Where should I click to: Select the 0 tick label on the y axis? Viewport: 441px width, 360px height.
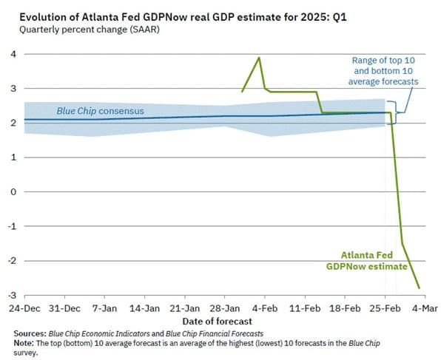point(13,191)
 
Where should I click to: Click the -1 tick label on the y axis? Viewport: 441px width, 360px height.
point(10,226)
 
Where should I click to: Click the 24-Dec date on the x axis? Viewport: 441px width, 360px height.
point(25,308)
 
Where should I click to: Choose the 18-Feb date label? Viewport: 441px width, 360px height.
point(344,308)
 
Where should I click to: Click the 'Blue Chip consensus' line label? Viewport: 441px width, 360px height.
point(100,112)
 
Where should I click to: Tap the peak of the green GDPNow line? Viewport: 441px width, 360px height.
point(258,58)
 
